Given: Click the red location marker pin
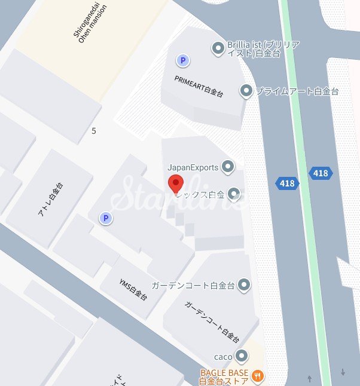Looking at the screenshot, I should click(x=175, y=184).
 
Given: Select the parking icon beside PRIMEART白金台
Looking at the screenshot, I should click(x=182, y=60).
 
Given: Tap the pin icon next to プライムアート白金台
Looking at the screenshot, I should click(x=246, y=91).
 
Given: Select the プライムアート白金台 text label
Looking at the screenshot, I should click(x=297, y=92).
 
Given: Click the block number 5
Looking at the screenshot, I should click(x=94, y=130).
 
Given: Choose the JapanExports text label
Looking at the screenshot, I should click(x=193, y=167).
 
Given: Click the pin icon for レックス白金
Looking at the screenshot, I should click(x=234, y=194).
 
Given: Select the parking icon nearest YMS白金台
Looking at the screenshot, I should click(x=106, y=219).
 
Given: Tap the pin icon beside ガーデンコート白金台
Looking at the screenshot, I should click(x=243, y=285).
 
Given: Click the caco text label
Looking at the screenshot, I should click(x=223, y=357).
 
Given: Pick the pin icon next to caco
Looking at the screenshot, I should click(x=242, y=357).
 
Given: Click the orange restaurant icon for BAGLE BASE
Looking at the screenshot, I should click(x=258, y=376).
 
